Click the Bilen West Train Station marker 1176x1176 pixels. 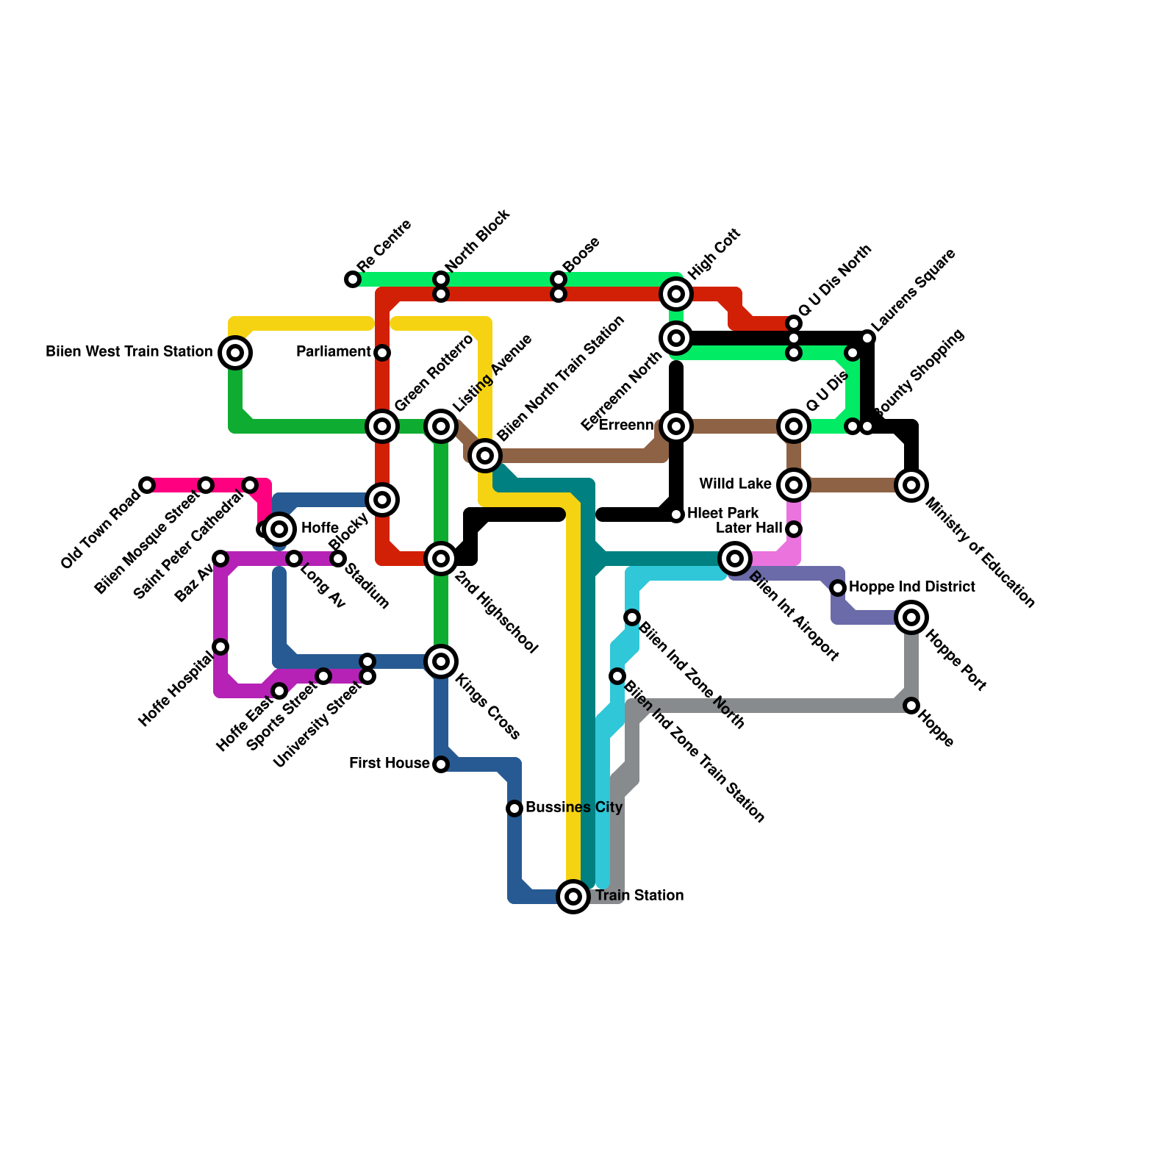click(235, 353)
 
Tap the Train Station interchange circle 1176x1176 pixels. click(573, 897)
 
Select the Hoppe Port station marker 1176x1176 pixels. click(911, 617)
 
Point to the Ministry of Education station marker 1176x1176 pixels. click(911, 485)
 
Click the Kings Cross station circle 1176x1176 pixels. click(441, 661)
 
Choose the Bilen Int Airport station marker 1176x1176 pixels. click(735, 559)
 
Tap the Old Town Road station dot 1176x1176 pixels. click(147, 485)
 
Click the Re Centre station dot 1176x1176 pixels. click(353, 279)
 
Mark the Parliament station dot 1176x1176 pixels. click(382, 353)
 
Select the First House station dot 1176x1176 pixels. click(441, 764)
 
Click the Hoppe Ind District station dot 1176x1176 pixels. click(838, 588)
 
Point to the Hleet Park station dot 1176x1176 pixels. click(677, 514)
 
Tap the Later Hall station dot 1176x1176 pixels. click(794, 529)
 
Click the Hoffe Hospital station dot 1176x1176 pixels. click(220, 647)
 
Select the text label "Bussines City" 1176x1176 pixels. click(574, 808)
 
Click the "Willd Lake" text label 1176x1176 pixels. click(735, 484)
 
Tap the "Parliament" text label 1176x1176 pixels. click(333, 352)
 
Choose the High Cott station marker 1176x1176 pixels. click(676, 294)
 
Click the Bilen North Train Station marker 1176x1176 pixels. click(485, 456)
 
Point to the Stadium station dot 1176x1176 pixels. click(338, 559)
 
